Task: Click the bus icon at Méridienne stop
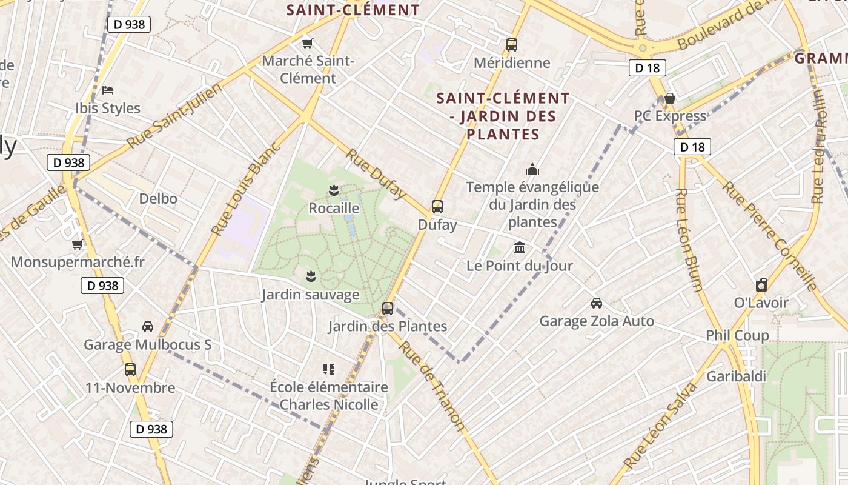click(x=512, y=44)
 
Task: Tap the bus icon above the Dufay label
click(x=437, y=206)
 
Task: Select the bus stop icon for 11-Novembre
click(x=130, y=369)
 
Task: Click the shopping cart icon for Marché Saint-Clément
click(x=308, y=43)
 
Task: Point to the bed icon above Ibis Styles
click(x=108, y=90)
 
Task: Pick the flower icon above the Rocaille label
click(x=333, y=190)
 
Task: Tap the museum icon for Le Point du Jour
click(x=520, y=247)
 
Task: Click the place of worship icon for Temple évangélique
click(x=532, y=169)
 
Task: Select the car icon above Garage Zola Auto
click(x=597, y=303)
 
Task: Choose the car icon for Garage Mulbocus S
click(x=147, y=326)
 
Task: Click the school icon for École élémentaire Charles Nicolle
click(x=329, y=369)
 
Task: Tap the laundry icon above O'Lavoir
click(x=761, y=284)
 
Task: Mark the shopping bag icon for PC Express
click(x=670, y=98)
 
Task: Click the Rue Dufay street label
click(x=376, y=173)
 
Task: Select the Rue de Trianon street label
click(x=431, y=385)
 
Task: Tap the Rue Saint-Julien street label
click(x=174, y=116)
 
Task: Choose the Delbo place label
click(x=158, y=198)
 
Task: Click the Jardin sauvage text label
click(x=310, y=295)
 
